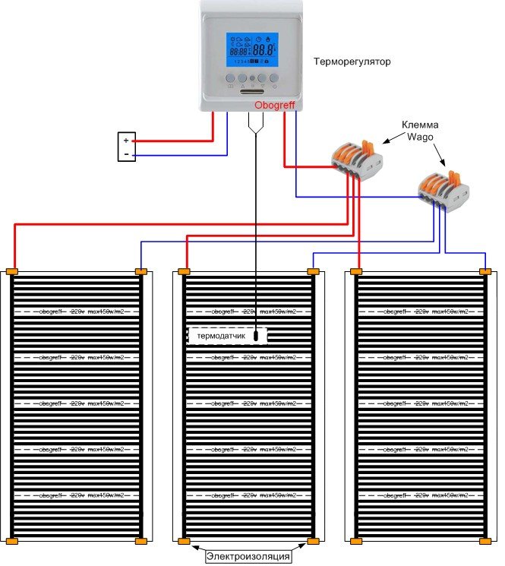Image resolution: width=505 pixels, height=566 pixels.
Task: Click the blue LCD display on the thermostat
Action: click(x=252, y=50)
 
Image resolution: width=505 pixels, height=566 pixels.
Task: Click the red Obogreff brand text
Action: click(x=273, y=106)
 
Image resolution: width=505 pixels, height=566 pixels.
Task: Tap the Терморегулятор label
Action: click(x=352, y=62)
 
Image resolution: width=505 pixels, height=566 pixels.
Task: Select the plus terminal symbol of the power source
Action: click(x=126, y=141)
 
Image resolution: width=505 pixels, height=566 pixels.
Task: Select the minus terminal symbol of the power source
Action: click(x=126, y=154)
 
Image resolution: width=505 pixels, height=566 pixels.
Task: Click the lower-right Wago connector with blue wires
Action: click(x=442, y=190)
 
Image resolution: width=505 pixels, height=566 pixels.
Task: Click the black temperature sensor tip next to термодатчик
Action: click(x=258, y=334)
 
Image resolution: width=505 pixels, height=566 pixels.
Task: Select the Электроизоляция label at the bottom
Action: click(x=248, y=557)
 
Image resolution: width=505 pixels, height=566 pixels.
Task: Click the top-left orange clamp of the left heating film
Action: click(x=11, y=270)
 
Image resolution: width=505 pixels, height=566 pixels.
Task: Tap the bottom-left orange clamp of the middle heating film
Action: click(x=183, y=542)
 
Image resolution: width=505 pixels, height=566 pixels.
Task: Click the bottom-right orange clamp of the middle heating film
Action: click(x=312, y=542)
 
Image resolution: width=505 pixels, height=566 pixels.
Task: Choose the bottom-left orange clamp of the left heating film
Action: click(x=11, y=542)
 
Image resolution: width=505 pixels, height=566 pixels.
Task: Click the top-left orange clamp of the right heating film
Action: click(x=355, y=270)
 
